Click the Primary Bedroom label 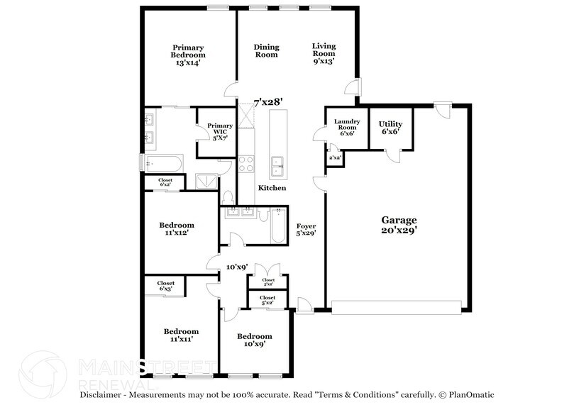(x=188, y=55)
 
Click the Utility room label (x=390, y=127)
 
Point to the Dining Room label (x=267, y=50)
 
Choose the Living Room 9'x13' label (x=324, y=54)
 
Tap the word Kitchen (x=272, y=188)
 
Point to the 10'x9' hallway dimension (x=236, y=267)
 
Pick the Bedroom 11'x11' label (x=181, y=335)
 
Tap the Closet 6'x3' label (x=165, y=286)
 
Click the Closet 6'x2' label (x=165, y=182)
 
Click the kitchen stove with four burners (x=245, y=165)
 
